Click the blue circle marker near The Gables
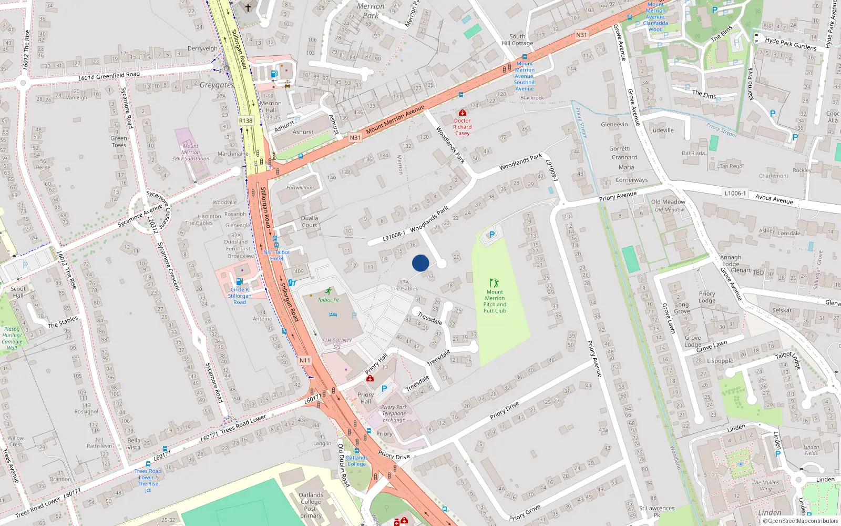tap(420, 263)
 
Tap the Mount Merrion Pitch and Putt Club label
tap(495, 301)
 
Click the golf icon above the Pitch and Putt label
tap(494, 283)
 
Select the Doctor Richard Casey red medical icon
tap(463, 113)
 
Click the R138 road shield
tap(245, 120)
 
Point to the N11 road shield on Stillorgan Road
tap(305, 360)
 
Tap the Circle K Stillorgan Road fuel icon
tap(239, 282)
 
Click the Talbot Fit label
tap(329, 300)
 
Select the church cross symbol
tap(248, 8)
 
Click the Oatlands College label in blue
tap(356, 461)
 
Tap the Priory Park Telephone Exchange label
tap(394, 413)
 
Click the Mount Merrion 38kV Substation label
tap(190, 153)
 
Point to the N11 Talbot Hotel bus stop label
tap(276, 255)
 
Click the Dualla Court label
tap(309, 221)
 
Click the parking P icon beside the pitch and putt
tap(492, 235)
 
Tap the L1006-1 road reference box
tap(735, 193)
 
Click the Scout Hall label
tap(18, 292)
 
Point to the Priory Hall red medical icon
tap(370, 378)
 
